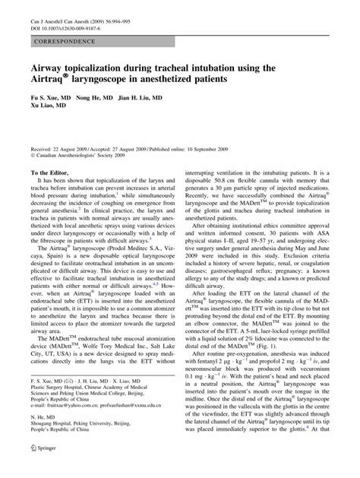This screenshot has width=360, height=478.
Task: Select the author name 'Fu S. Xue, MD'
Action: point(52,98)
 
